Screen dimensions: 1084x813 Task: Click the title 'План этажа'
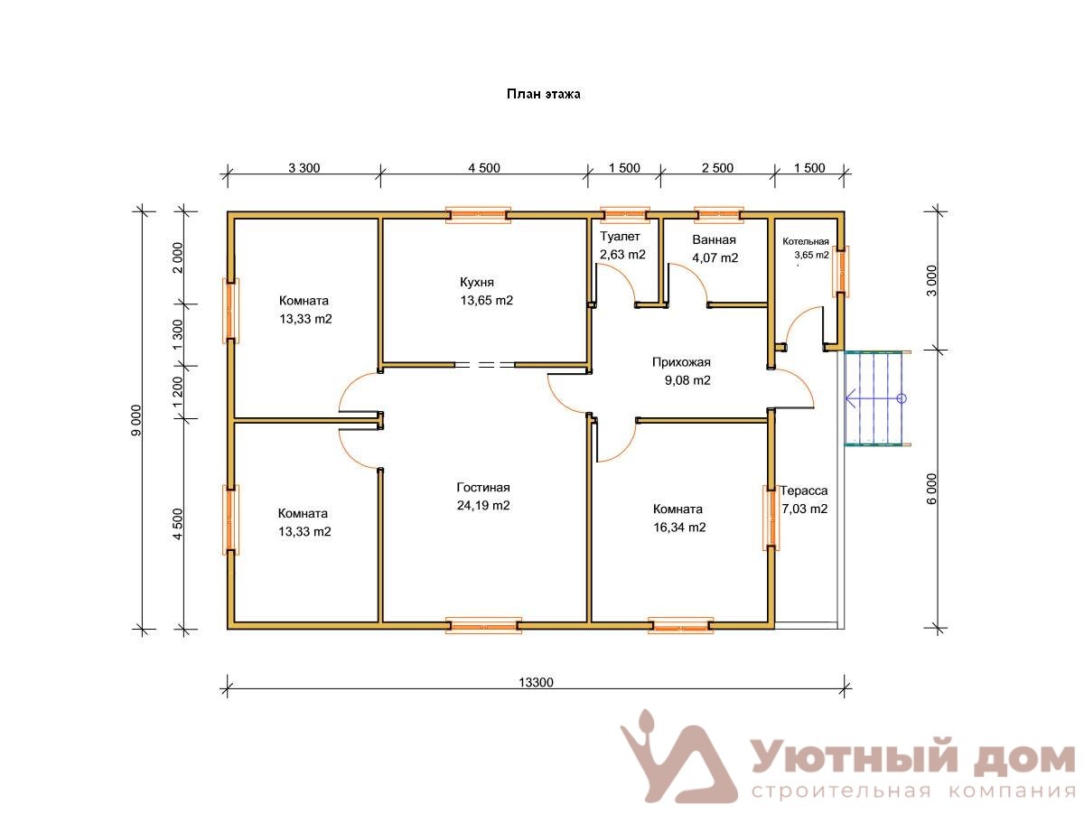(x=543, y=94)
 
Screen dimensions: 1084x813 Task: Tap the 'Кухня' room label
(x=476, y=282)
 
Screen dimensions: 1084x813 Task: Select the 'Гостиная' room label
(x=482, y=487)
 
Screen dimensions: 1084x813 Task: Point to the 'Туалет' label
(x=620, y=237)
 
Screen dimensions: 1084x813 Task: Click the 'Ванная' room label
(x=714, y=240)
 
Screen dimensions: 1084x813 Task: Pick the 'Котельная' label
(x=805, y=241)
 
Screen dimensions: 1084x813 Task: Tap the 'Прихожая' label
(x=681, y=362)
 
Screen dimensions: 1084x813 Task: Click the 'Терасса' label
(x=803, y=491)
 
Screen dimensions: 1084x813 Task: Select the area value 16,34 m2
(x=679, y=528)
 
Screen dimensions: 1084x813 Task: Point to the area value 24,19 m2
(x=483, y=506)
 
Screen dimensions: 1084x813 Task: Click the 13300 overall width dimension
(x=536, y=682)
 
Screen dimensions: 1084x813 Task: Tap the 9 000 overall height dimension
(x=136, y=420)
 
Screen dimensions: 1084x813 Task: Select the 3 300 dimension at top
(x=304, y=168)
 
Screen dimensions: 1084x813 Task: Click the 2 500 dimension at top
(x=717, y=168)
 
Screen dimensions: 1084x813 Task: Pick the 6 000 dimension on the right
(x=931, y=489)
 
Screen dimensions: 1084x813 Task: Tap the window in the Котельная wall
(x=840, y=271)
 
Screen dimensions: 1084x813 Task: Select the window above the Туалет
(x=624, y=215)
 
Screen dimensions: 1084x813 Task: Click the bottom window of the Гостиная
(x=483, y=625)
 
